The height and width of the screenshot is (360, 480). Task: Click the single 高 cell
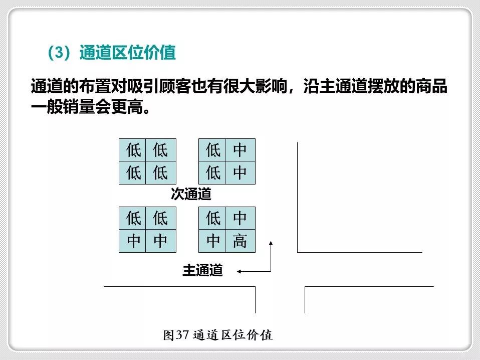240,241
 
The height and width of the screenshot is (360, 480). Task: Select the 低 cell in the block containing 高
213,218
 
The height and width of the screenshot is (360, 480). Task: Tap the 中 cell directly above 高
240,218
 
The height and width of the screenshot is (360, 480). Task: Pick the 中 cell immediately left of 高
213,241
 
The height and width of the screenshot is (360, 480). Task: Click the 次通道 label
191,195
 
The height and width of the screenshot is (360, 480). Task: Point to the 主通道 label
202,271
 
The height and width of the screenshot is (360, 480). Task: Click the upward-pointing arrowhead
271,243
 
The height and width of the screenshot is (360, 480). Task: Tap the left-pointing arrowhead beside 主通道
239,271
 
